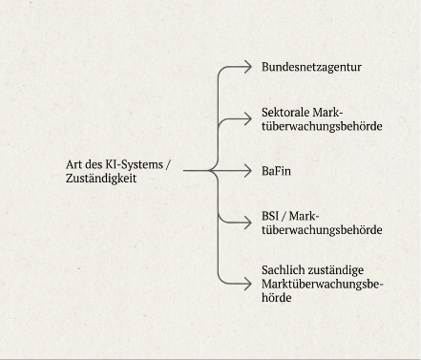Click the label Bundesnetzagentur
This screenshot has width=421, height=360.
[311, 67]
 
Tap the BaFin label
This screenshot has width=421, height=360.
[276, 171]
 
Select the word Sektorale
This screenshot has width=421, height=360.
[285, 113]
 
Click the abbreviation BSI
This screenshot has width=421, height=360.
[270, 216]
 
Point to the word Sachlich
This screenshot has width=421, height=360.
[284, 270]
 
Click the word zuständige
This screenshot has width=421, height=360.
[336, 271]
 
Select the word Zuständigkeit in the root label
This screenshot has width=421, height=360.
[101, 179]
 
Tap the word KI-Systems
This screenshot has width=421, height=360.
[134, 165]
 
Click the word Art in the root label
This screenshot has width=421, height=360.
[73, 164]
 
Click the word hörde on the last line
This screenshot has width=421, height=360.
[277, 298]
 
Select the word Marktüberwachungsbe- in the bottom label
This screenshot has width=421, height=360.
[322, 284]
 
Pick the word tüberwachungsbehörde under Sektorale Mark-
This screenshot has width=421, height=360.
[322, 126]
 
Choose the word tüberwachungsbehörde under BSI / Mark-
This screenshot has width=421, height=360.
[322, 229]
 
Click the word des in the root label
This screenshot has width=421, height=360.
[93, 165]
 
